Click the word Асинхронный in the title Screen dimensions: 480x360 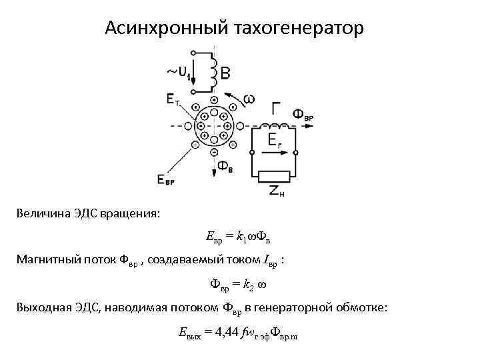click(x=167, y=29)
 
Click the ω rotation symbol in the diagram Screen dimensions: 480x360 click(x=248, y=99)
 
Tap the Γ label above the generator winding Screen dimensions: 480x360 click(x=277, y=108)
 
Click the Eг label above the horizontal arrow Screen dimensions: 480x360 click(x=275, y=139)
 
